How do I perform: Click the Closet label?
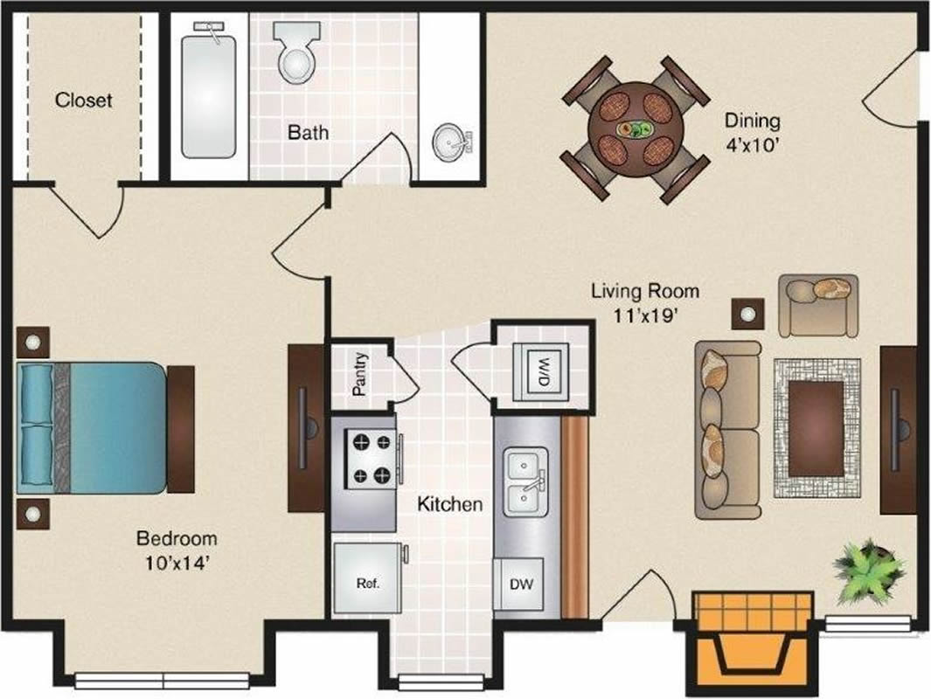coord(83,100)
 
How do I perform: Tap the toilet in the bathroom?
coord(296,52)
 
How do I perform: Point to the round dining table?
coord(636,129)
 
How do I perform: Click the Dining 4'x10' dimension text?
coord(753,132)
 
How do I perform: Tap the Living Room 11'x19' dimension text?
coord(645,302)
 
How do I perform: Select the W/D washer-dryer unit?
coord(541,372)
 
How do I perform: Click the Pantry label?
coord(360,374)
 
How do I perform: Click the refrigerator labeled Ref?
coord(367,578)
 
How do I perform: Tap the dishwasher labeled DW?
coord(518,584)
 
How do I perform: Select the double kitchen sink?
coord(526,481)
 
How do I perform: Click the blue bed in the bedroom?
coord(92,428)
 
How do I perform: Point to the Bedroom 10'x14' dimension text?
coord(177,550)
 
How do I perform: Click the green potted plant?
coord(869,571)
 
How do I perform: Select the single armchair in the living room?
coord(819,305)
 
